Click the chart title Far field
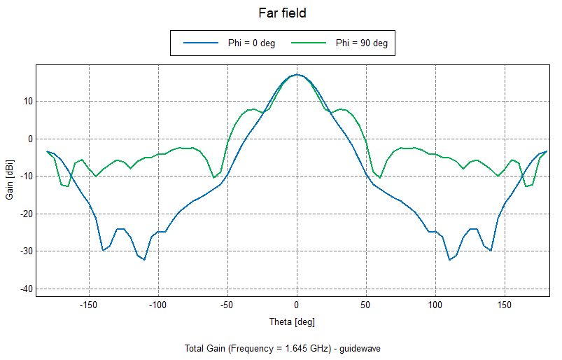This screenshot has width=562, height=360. [x=282, y=13]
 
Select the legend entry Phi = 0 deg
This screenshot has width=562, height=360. [x=251, y=43]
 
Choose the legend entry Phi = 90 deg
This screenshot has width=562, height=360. [x=361, y=43]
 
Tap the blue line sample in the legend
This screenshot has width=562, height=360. [x=201, y=43]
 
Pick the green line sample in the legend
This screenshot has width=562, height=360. [x=309, y=43]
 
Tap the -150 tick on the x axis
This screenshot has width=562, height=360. [x=88, y=306]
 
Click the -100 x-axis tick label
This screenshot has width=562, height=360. [x=157, y=306]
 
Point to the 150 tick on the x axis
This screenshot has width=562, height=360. [x=505, y=306]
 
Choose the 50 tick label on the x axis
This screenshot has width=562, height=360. [x=366, y=306]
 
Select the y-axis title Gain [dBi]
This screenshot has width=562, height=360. [x=10, y=180]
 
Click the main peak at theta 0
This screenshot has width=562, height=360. [x=297, y=74]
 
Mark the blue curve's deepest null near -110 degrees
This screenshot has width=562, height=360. [x=144, y=260]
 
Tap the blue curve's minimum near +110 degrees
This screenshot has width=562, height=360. [x=449, y=260]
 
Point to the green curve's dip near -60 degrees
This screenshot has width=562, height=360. [x=214, y=178]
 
